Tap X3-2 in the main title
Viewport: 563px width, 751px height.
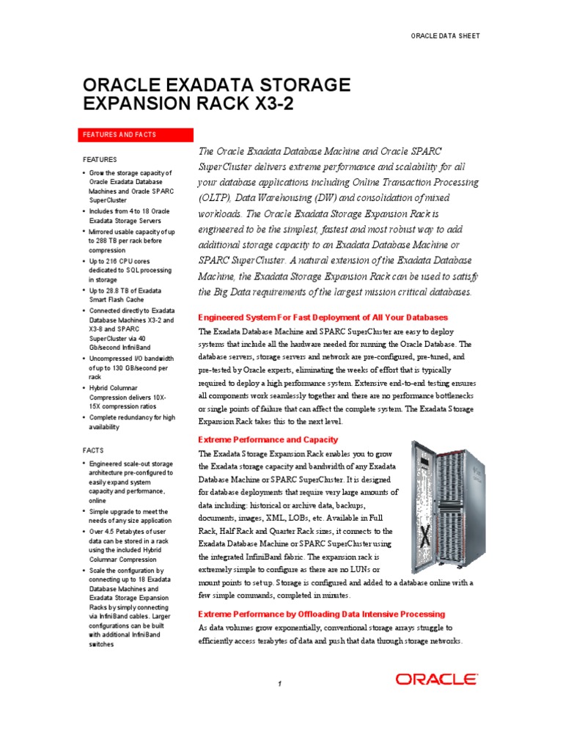pos(269,104)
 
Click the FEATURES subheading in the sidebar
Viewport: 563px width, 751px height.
pos(99,159)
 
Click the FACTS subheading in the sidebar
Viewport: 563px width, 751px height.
pos(93,450)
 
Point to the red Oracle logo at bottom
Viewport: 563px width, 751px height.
pos(437,679)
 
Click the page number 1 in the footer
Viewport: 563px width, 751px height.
pos(280,684)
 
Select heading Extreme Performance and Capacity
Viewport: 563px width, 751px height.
pos(268,440)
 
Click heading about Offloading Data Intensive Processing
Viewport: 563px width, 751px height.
pos(322,614)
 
